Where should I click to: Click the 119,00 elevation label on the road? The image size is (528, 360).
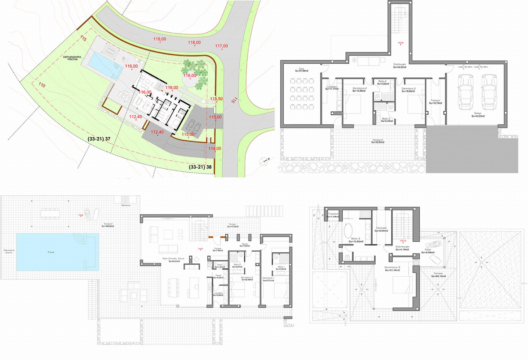[160, 39]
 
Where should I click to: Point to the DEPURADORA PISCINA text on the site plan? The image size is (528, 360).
[74, 58]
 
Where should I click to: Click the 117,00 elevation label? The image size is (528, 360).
[221, 46]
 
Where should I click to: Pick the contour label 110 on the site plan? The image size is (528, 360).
[42, 85]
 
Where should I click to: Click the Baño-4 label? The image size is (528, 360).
[382, 81]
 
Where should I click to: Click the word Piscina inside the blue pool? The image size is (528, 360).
[51, 252]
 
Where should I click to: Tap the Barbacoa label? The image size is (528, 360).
[126, 205]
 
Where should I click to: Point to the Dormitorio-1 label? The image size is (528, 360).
[268, 278]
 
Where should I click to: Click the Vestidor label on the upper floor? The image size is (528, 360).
[381, 228]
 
